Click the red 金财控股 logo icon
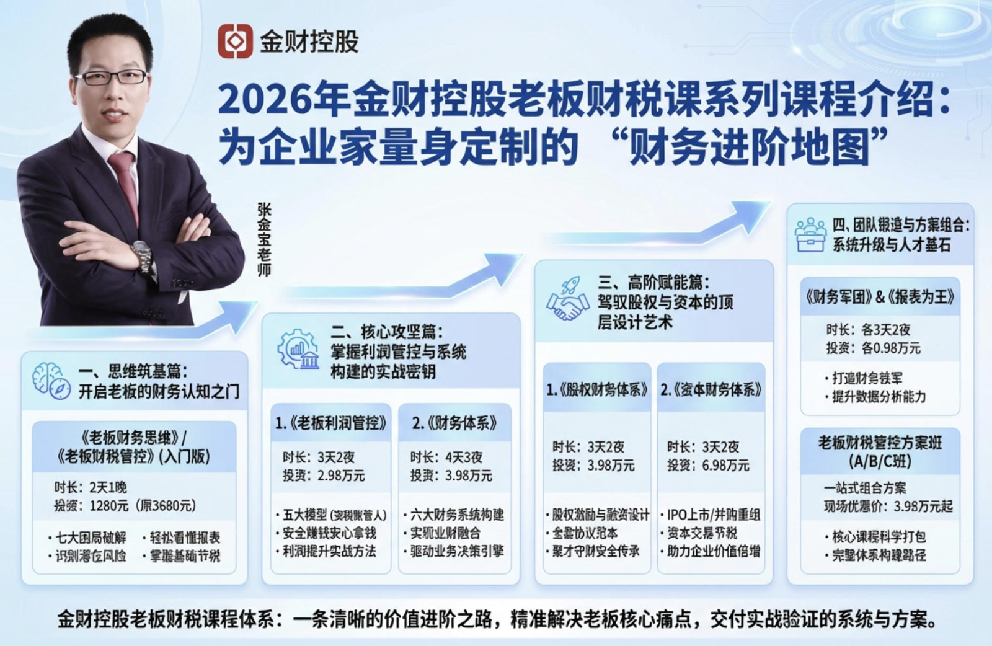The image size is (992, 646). click(x=235, y=41)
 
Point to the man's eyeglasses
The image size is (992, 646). click(x=112, y=78)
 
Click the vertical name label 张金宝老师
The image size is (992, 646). click(x=264, y=239)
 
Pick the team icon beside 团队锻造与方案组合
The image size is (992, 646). click(x=810, y=234)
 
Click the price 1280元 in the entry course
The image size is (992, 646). click(x=109, y=506)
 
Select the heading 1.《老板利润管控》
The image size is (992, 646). click(x=331, y=423)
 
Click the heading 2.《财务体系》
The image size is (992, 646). click(x=455, y=423)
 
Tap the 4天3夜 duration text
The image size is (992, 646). click(x=464, y=458)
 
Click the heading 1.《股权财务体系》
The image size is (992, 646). click(x=596, y=390)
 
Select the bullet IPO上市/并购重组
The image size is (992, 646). click(x=713, y=515)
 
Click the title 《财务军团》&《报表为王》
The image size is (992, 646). click(x=880, y=298)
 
